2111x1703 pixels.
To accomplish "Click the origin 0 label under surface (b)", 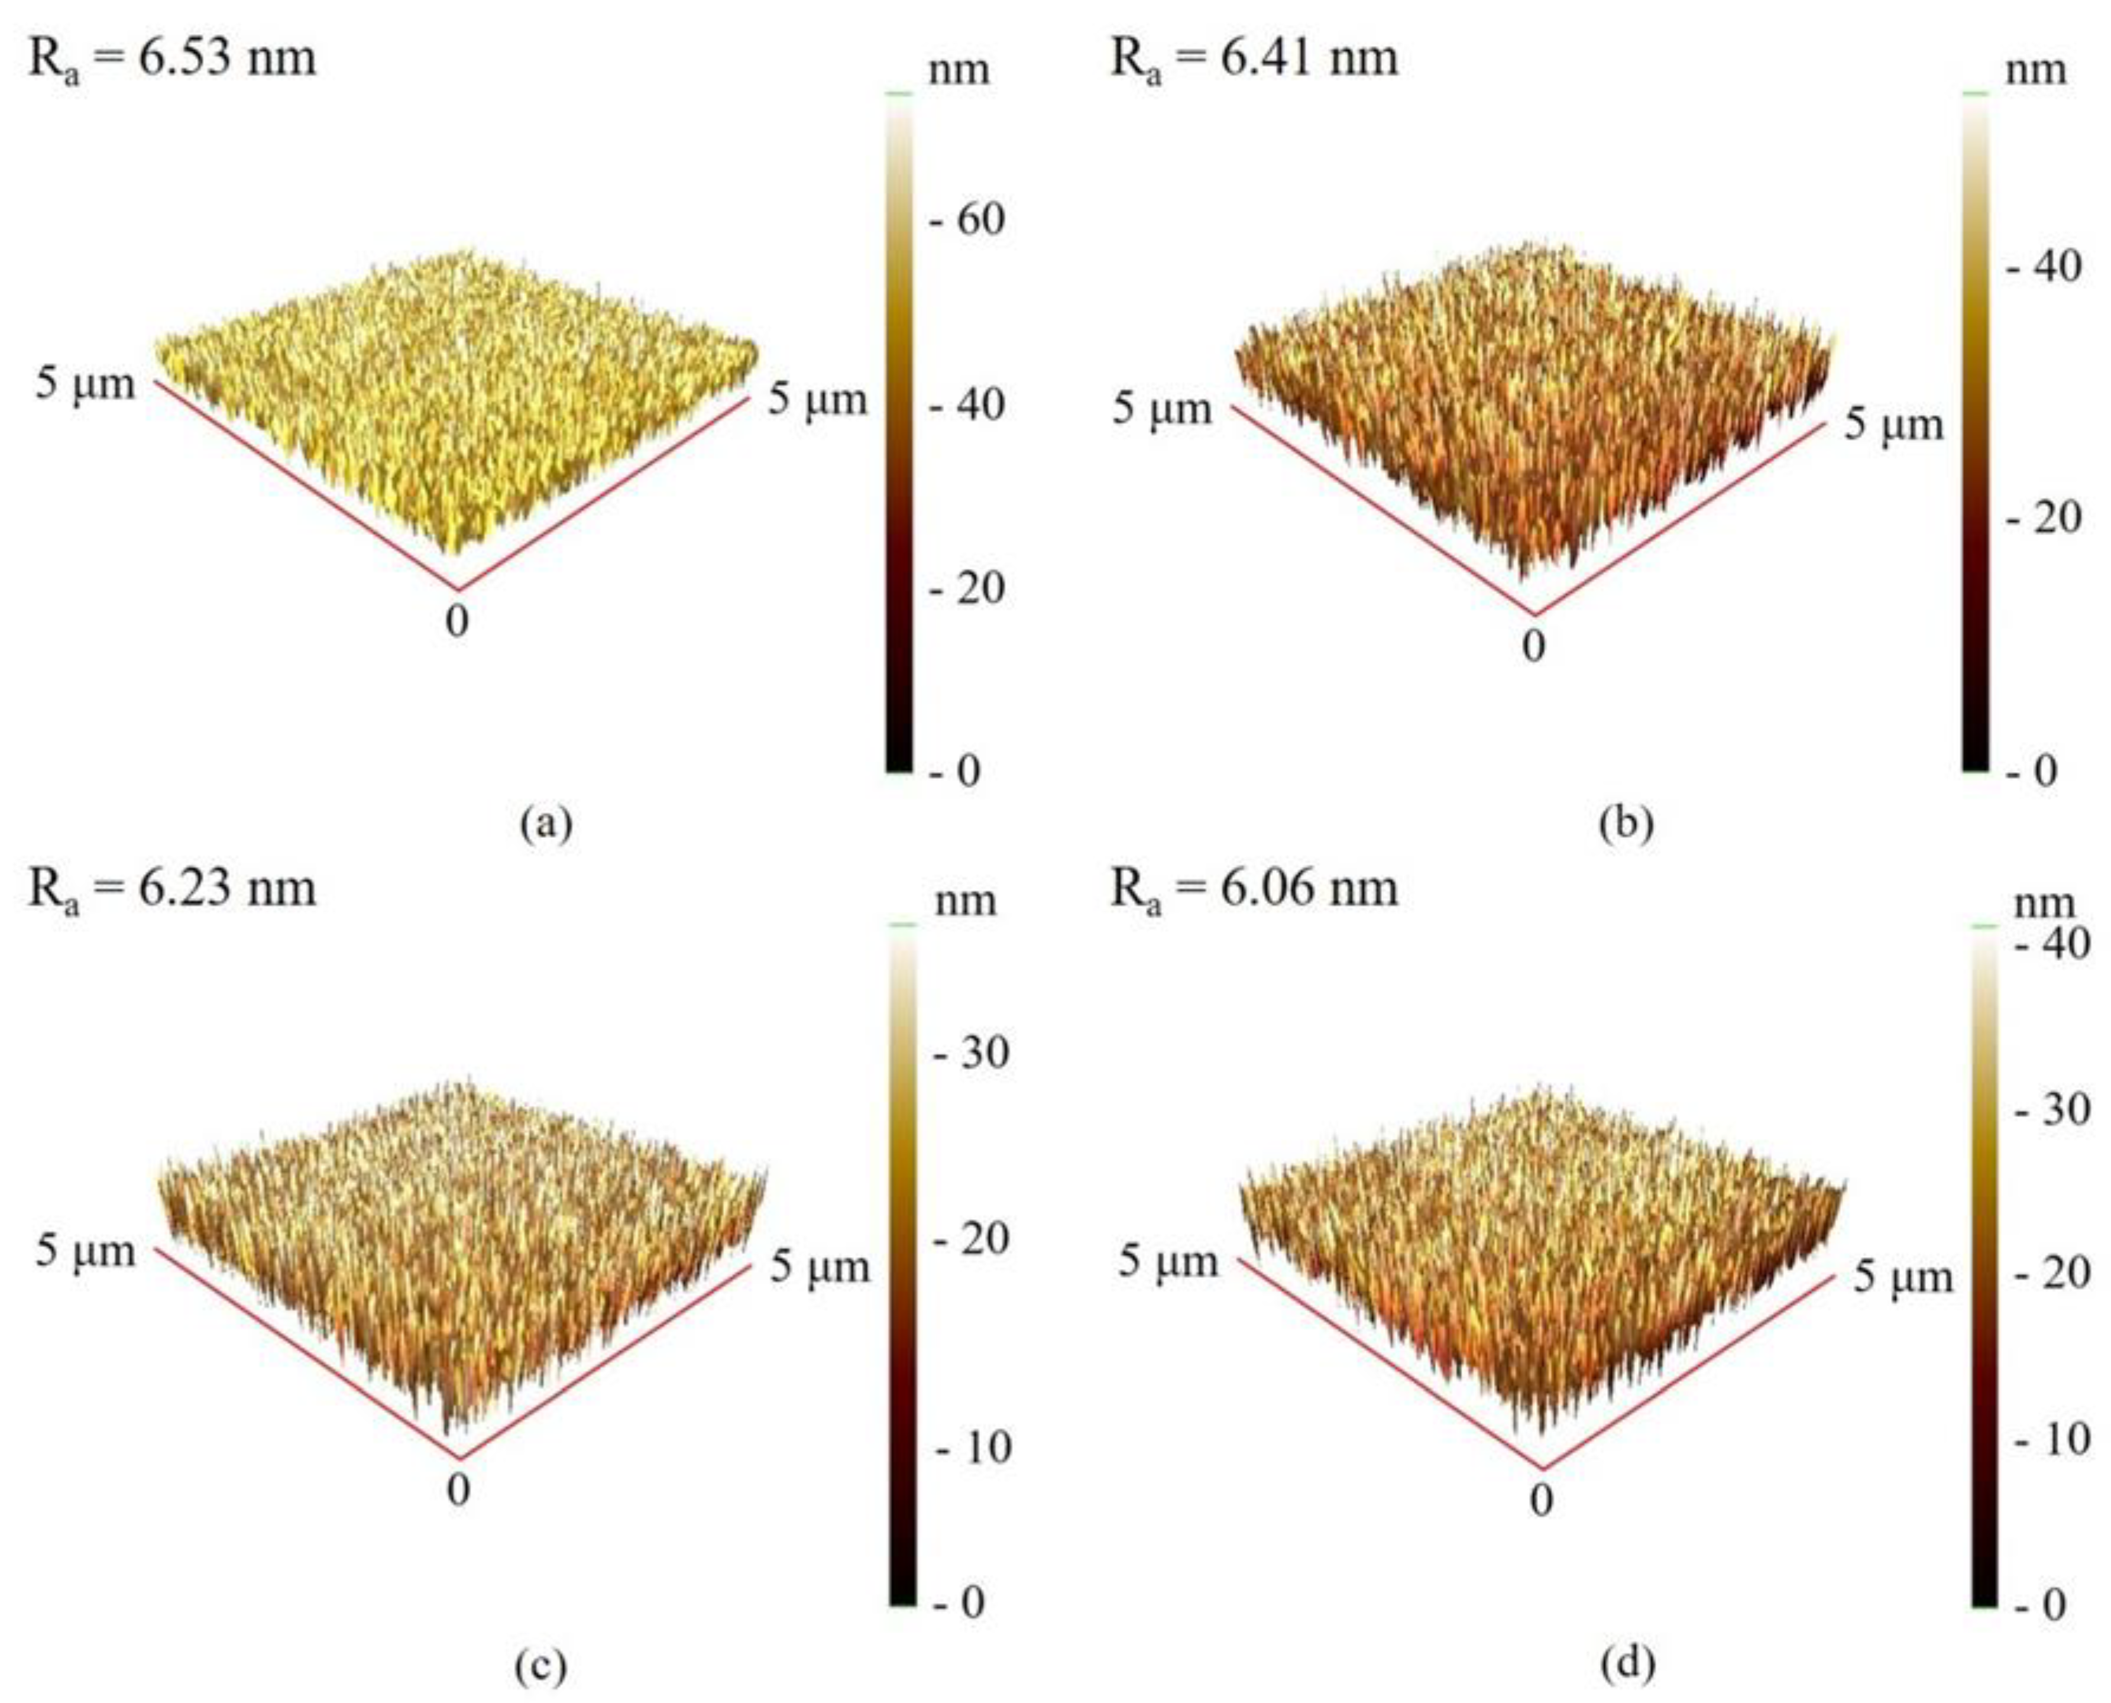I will pos(1533,646).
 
